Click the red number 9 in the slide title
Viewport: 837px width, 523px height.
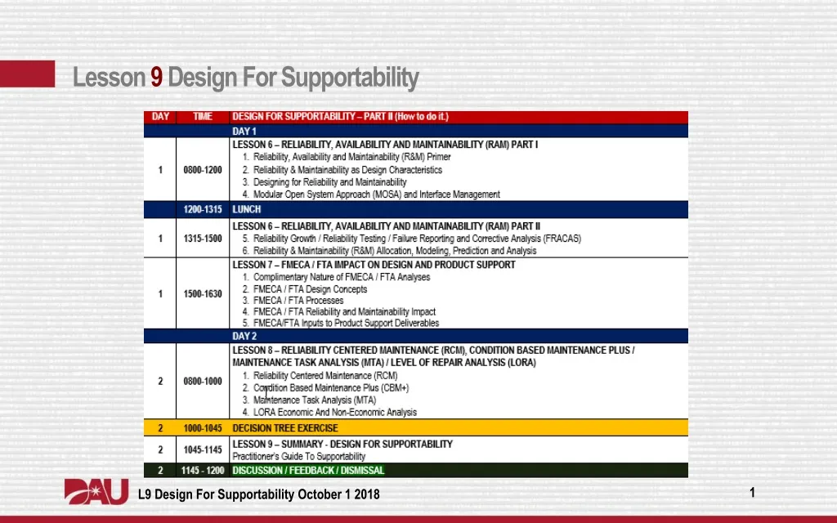(x=156, y=78)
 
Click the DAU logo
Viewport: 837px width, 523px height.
(x=96, y=493)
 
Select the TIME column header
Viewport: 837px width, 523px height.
(x=203, y=117)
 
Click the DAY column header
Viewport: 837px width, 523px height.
(x=161, y=117)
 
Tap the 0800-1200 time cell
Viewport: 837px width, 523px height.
(x=203, y=170)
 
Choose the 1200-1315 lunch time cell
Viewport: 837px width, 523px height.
(x=203, y=209)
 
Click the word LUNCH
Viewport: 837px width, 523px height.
(x=247, y=209)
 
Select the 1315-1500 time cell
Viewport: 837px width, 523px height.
(x=203, y=239)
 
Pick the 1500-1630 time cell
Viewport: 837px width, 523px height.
(x=203, y=294)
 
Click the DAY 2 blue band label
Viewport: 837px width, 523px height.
(x=244, y=336)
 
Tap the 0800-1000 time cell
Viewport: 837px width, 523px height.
(x=203, y=382)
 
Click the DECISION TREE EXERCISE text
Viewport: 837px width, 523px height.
(x=285, y=428)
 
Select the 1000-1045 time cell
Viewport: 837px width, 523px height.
(x=203, y=428)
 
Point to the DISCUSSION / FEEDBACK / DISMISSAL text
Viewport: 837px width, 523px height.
(x=308, y=471)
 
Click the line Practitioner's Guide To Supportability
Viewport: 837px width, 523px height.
(x=299, y=457)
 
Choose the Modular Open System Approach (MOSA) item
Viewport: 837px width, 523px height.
(x=376, y=194)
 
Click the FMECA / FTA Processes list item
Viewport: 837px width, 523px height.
(x=298, y=301)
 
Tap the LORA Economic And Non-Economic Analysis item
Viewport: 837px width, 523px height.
(x=334, y=413)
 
